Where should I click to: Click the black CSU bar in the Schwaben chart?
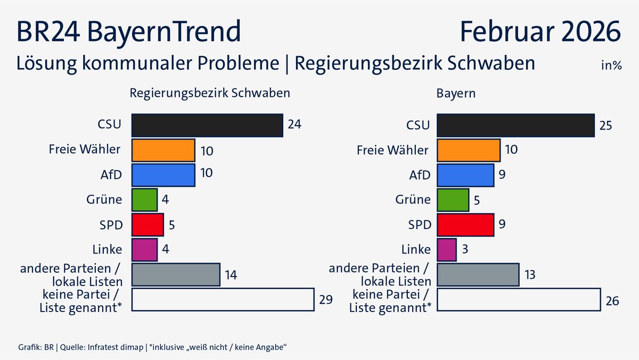point(207,125)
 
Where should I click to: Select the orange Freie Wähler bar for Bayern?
point(469,150)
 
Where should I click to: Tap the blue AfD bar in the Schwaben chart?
point(163,175)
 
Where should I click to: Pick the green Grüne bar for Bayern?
point(453,200)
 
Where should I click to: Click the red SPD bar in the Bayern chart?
point(465,224)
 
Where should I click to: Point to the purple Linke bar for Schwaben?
point(144,249)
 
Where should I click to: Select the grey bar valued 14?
point(175,275)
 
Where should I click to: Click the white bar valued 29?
point(222,299)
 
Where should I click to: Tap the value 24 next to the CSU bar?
point(294,125)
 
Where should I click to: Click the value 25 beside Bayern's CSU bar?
point(606,126)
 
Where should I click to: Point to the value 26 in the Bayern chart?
point(612,301)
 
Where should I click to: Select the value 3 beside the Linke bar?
point(465,250)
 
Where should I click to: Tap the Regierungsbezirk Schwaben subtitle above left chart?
point(210,93)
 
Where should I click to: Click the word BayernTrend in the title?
point(162,31)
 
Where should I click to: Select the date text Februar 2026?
point(540,31)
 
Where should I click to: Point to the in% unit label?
point(611,66)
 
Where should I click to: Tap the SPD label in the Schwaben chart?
point(112,225)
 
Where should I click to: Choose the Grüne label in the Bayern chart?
point(413,200)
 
